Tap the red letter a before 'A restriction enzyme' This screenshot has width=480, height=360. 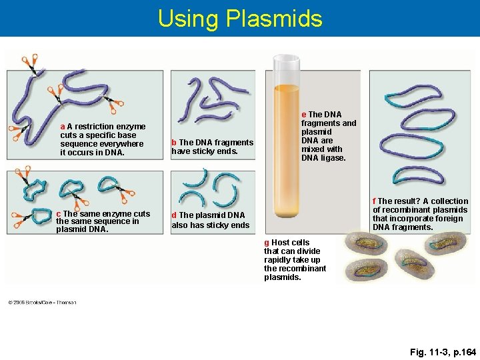[63, 127]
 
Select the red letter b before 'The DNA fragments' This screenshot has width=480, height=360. [174, 143]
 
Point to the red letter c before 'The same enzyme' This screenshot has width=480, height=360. [59, 214]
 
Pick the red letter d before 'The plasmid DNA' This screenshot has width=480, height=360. [174, 215]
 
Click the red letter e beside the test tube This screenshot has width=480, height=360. [304, 115]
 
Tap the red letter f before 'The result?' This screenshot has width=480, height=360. [375, 201]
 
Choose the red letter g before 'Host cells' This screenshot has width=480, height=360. [267, 243]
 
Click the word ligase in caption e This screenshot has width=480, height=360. [333, 158]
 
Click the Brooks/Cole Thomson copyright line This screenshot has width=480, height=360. [42, 302]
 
